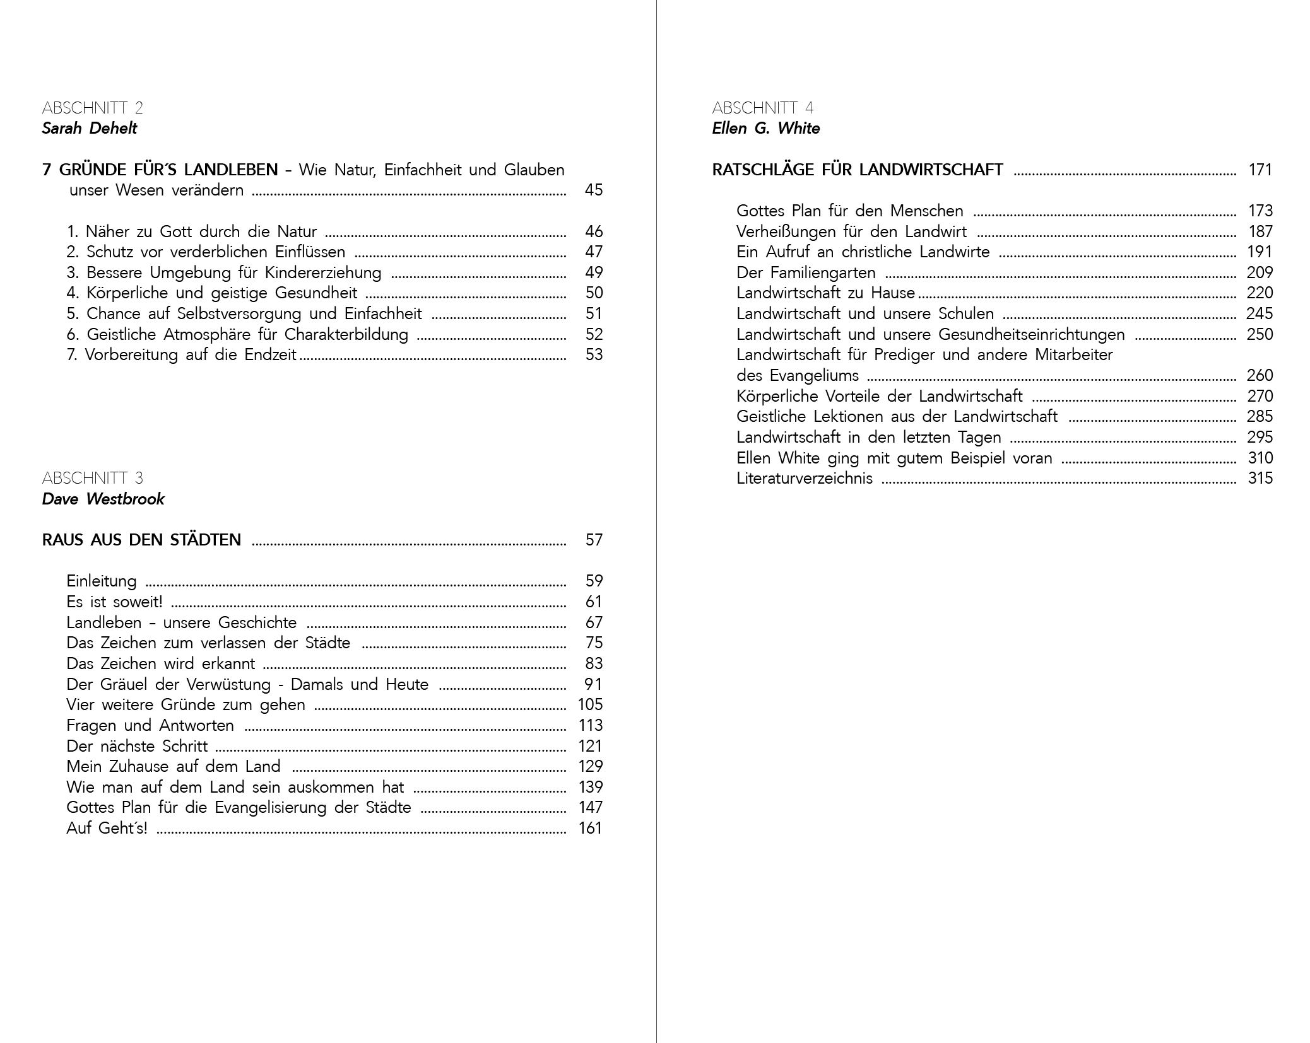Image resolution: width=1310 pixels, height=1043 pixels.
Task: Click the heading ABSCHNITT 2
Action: pyautogui.click(x=92, y=108)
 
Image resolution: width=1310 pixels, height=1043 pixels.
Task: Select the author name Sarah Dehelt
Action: pyautogui.click(x=89, y=129)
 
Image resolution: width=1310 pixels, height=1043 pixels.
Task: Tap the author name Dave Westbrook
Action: pyautogui.click(x=103, y=499)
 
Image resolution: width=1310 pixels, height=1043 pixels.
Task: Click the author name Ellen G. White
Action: pyautogui.click(x=765, y=129)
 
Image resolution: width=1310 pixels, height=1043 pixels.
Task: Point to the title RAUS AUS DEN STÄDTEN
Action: pyautogui.click(x=141, y=540)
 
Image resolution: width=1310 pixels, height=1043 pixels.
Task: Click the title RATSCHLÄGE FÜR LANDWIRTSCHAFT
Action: pyautogui.click(x=857, y=170)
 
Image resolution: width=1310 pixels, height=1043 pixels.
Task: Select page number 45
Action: pyautogui.click(x=594, y=190)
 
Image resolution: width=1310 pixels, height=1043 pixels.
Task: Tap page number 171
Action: pyautogui.click(x=1260, y=170)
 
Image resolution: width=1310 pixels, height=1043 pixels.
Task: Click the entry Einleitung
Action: pyautogui.click(x=102, y=581)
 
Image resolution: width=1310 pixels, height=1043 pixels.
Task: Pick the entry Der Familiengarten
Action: pyautogui.click(x=806, y=273)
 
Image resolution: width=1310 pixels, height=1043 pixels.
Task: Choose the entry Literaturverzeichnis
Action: pyautogui.click(x=805, y=479)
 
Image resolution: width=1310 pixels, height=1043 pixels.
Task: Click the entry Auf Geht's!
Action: pyautogui.click(x=107, y=829)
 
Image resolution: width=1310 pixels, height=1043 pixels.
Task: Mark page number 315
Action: pyautogui.click(x=1260, y=479)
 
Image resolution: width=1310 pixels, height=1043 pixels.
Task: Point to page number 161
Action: pyautogui.click(x=590, y=829)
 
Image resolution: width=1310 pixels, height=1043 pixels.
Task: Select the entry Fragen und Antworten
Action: pyautogui.click(x=150, y=726)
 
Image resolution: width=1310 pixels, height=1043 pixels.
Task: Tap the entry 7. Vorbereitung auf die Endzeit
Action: pyautogui.click(x=181, y=355)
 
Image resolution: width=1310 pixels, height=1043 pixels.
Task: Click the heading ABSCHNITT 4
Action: pyautogui.click(x=762, y=108)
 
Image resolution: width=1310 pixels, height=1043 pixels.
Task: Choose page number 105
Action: pyautogui.click(x=590, y=705)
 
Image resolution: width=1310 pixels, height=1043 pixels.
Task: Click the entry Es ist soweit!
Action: pyautogui.click(x=114, y=602)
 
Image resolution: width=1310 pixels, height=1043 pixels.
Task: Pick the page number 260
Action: pyautogui.click(x=1260, y=376)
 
